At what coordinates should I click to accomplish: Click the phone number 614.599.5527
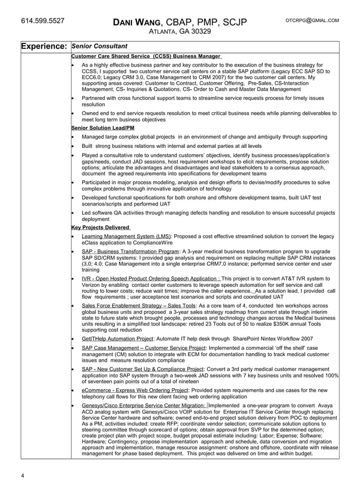(x=42, y=21)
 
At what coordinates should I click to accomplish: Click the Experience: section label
(x=45, y=46)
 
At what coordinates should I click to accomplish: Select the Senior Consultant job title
(x=100, y=46)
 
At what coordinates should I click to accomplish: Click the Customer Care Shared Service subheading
(x=146, y=56)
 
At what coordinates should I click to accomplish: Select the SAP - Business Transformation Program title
(x=130, y=251)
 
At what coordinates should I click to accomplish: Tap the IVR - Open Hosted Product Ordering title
(x=151, y=279)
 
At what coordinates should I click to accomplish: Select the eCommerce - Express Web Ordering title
(x=135, y=390)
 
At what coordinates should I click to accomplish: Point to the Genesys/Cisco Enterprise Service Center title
(x=144, y=405)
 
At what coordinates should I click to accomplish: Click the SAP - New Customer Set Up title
(x=142, y=369)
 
